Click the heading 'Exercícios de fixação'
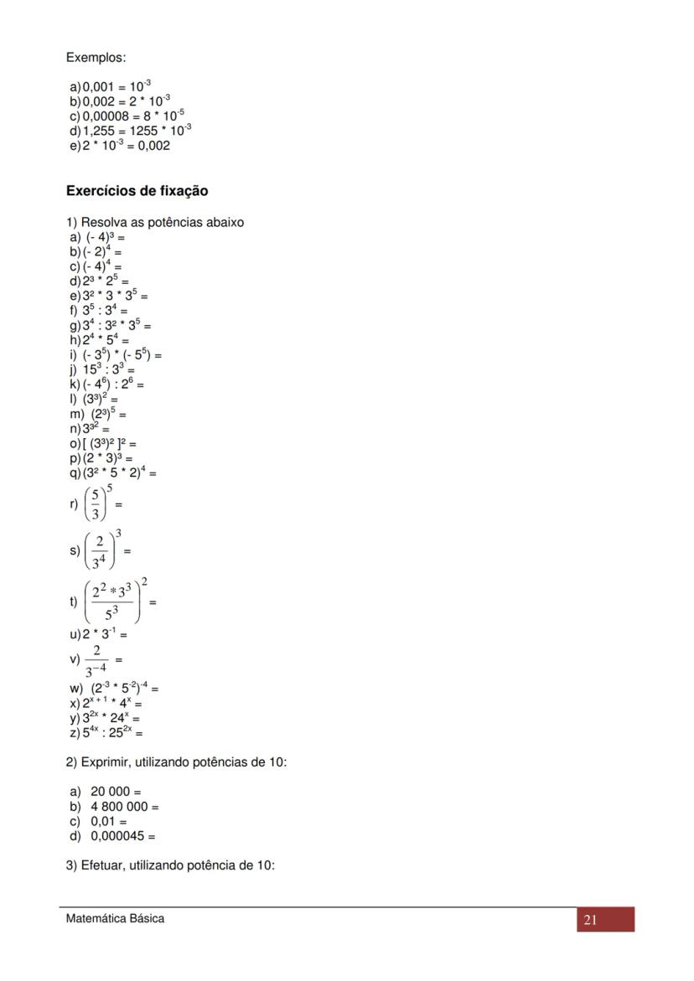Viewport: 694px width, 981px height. (x=137, y=191)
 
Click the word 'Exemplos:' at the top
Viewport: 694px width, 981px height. (x=96, y=58)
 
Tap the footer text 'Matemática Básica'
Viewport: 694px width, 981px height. (x=115, y=918)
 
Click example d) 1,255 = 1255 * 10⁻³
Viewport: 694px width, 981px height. (x=131, y=131)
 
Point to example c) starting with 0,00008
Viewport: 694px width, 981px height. (x=127, y=116)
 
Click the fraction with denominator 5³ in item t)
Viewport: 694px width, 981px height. (x=112, y=602)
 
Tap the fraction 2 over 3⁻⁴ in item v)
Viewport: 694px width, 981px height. (x=97, y=660)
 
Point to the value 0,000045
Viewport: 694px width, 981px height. (x=118, y=836)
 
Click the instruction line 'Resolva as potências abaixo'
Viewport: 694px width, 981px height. (x=155, y=223)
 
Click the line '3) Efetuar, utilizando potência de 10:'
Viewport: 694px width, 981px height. (x=170, y=866)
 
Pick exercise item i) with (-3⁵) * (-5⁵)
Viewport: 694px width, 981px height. (x=116, y=355)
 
